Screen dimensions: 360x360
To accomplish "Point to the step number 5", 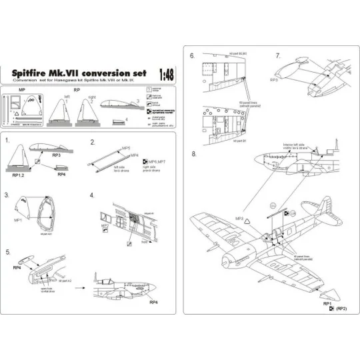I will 7,252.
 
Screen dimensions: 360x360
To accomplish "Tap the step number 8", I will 193,154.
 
